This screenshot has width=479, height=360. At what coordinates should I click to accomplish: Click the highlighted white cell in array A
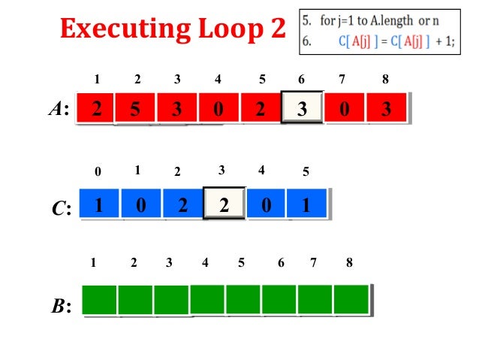(302, 108)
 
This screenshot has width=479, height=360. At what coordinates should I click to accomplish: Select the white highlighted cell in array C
(224, 204)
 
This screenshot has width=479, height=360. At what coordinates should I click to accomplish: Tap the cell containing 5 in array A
(135, 108)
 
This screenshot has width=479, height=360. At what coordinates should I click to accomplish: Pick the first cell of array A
(95, 108)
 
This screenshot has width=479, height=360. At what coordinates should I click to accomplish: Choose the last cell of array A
(386, 108)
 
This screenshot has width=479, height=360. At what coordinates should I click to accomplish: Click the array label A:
(58, 110)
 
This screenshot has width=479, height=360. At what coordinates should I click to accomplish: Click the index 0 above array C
(98, 173)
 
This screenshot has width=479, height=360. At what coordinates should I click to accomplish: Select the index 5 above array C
(306, 173)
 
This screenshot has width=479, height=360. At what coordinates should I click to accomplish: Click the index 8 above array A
(385, 77)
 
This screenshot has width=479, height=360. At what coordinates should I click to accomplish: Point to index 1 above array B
(93, 263)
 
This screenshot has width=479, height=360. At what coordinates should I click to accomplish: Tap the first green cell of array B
(99, 299)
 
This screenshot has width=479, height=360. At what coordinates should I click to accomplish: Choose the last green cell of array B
(352, 299)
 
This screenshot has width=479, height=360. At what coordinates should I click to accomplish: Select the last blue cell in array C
(307, 204)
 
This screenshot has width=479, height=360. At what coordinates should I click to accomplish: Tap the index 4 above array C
(261, 171)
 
